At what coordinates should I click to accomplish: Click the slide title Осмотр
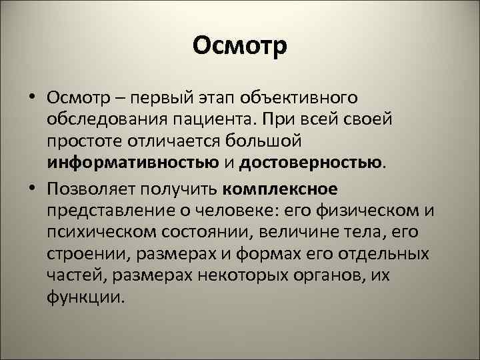click(x=240, y=47)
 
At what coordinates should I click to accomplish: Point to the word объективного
click(x=303, y=99)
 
